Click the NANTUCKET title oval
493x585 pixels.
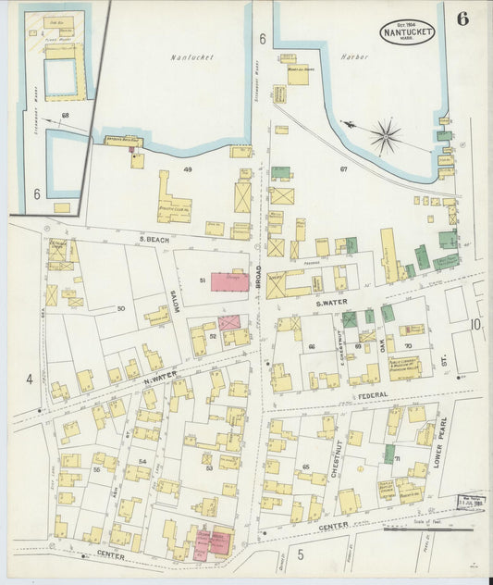coord(405,31)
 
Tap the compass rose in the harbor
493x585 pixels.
coord(385,136)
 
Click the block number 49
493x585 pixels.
coord(187,169)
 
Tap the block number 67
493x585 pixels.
coord(343,169)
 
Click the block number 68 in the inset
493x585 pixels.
coord(65,115)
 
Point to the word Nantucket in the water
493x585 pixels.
coord(192,56)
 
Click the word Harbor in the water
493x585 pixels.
coord(353,56)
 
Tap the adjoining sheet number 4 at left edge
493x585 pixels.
coord(29,379)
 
